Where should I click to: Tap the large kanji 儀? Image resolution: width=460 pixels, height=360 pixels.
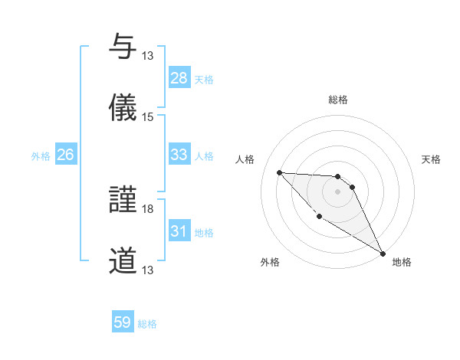pos(123,107)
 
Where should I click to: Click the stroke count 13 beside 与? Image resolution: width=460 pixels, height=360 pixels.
pos(148,56)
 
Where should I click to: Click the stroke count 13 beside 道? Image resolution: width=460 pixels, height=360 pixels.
pos(148,270)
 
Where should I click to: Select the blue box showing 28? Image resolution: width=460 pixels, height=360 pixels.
pos(179,78)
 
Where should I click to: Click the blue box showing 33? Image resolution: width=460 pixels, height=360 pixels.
pos(179,155)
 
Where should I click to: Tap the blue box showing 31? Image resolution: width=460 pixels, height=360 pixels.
pos(179,231)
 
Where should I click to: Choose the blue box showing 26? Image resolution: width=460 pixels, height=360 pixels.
pos(65,155)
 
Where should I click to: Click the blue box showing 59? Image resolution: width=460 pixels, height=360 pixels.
pos(123,322)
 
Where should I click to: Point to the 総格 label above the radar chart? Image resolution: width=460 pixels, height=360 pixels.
pos(338,100)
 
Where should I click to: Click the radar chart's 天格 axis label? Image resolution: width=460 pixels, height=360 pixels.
pos(431,159)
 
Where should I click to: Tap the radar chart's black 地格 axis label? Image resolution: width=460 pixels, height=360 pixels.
pos(402,262)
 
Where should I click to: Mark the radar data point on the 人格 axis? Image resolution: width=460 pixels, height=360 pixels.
pos(279,172)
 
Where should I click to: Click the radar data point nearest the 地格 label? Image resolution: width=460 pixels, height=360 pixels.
pos(383,254)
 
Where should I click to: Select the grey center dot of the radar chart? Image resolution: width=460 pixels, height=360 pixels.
pos(337,191)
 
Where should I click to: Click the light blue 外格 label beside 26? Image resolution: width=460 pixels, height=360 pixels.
pos(41,156)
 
